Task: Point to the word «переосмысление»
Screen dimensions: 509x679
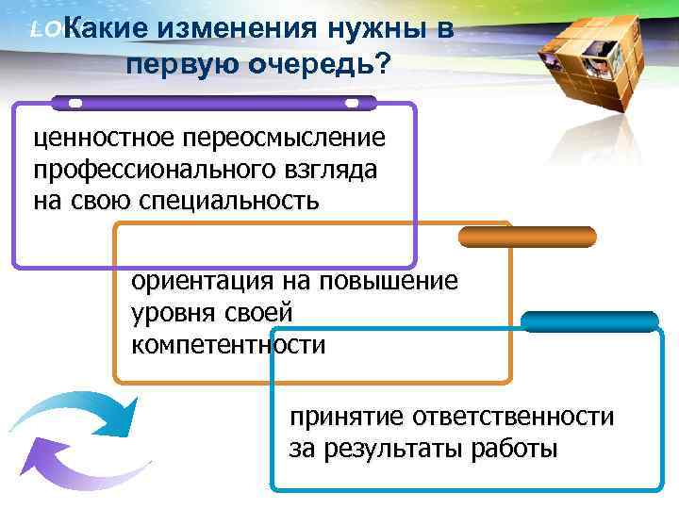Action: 282,139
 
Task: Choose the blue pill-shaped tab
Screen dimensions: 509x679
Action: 589,321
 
